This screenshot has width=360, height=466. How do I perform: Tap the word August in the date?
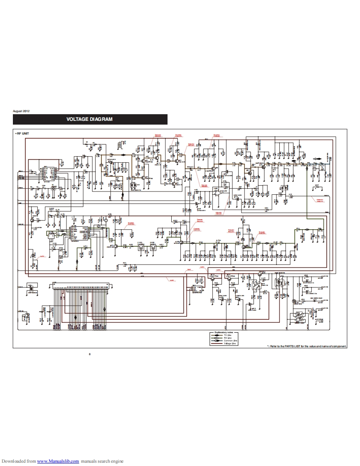17,112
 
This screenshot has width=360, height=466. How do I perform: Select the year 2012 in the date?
26,112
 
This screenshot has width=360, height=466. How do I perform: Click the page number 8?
89,354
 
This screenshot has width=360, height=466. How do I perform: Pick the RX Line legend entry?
227,338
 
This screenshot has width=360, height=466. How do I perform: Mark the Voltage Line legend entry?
230,343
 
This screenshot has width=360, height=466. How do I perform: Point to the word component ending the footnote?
339,346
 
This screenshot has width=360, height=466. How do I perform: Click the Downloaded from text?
18,461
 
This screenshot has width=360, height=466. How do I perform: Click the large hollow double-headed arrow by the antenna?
317,159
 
